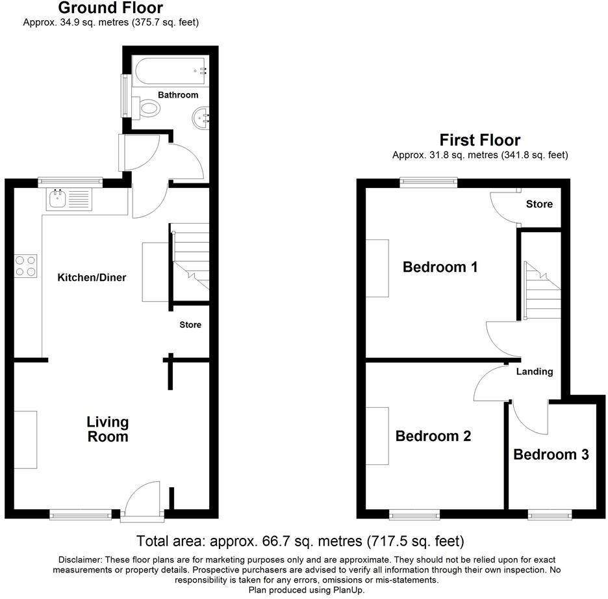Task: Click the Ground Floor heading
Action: pos(110,8)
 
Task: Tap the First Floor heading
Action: pos(479,140)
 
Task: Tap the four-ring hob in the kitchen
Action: pos(26,266)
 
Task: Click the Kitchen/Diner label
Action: pos(92,278)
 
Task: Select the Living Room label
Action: pos(107,429)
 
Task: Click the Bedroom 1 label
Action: pos(440,267)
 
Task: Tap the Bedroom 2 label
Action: pos(433,436)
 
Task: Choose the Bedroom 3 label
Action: pos(551,454)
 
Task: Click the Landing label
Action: pos(534,371)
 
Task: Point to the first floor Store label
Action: pos(539,204)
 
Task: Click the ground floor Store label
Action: pos(190,325)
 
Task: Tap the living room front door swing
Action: pos(143,499)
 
